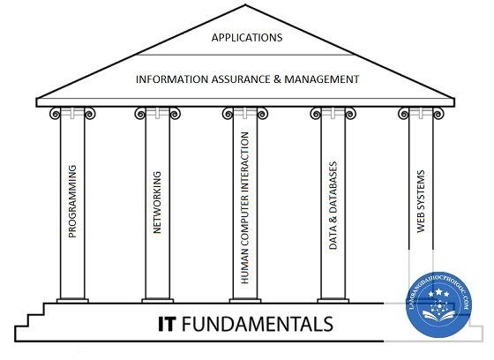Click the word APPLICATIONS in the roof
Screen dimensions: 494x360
click(x=247, y=38)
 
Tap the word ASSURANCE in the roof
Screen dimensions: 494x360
click(x=241, y=79)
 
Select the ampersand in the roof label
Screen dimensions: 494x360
click(x=277, y=79)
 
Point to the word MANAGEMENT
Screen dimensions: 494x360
click(x=322, y=79)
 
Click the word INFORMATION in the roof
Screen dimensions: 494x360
click(x=172, y=79)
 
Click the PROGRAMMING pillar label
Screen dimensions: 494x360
click(x=72, y=201)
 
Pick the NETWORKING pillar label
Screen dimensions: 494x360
click(x=157, y=202)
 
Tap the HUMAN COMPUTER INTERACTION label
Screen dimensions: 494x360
click(x=245, y=207)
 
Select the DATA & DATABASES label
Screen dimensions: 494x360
click(x=333, y=206)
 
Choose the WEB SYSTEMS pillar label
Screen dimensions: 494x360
click(x=421, y=201)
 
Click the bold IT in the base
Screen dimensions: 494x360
click(x=166, y=324)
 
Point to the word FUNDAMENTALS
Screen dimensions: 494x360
click(x=258, y=324)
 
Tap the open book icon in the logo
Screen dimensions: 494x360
click(x=439, y=316)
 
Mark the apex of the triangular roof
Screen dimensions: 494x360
click(x=246, y=4)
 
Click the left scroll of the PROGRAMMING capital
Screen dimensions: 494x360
click(x=55, y=114)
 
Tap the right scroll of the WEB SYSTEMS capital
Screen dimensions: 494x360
click(x=438, y=114)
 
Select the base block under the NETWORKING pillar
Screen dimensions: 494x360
click(x=158, y=301)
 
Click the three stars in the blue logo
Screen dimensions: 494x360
click(x=438, y=293)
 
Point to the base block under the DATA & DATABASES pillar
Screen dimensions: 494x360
click(x=333, y=301)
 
